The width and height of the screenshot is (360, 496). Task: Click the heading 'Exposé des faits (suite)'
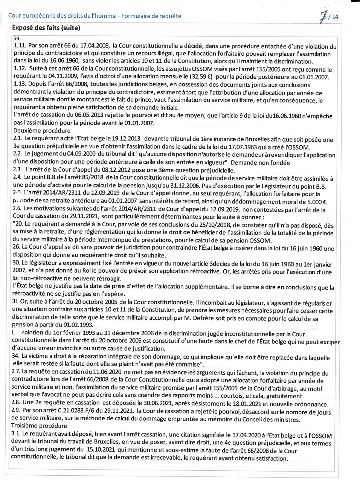tap(46, 28)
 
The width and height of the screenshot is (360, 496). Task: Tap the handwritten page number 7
tap(323, 17)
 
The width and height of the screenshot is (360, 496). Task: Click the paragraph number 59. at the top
tap(17, 38)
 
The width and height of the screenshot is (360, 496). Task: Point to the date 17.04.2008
tap(95, 46)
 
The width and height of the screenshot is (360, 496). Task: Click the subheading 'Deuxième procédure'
tap(42, 131)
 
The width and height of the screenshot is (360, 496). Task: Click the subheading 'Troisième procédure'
tap(39, 426)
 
